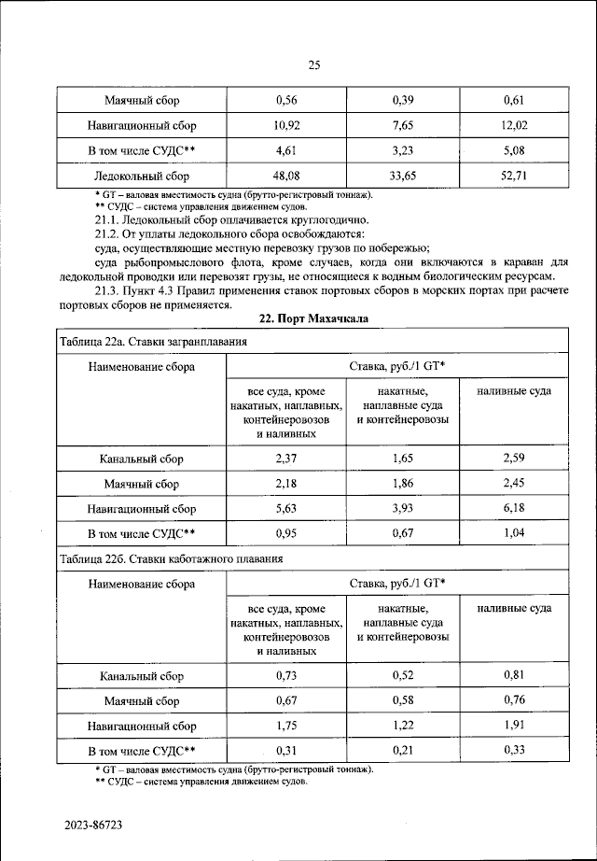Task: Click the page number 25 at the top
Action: (x=313, y=64)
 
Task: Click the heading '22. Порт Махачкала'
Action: (x=313, y=318)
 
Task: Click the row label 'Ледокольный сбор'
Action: (x=142, y=176)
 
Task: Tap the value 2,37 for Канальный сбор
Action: (x=285, y=459)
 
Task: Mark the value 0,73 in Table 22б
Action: (x=285, y=674)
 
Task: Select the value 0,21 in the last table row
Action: (x=403, y=749)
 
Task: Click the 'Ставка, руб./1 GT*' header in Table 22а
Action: (x=396, y=367)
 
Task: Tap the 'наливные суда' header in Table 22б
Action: (x=514, y=608)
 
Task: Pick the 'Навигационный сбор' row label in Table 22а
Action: (x=142, y=509)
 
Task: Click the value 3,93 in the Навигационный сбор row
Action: (x=403, y=508)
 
